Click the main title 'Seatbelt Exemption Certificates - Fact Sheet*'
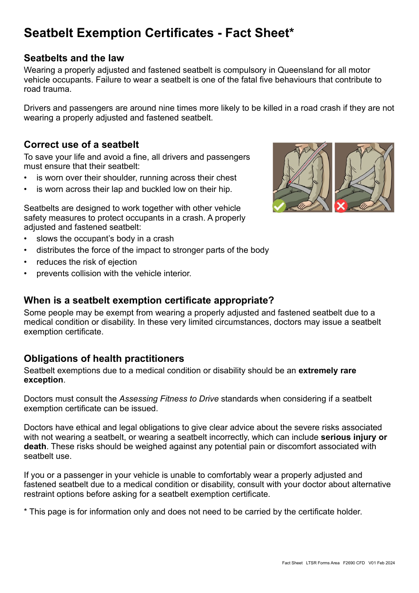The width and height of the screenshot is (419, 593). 159,33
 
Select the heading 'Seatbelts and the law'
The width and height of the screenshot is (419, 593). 74,58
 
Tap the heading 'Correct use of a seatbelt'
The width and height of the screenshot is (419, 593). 81,145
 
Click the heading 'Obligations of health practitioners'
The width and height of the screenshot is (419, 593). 104,359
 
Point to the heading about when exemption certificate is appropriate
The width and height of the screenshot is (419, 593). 149,300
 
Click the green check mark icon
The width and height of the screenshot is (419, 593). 279,206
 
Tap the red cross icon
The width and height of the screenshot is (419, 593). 341,206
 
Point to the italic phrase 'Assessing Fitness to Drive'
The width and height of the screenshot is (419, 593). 169,399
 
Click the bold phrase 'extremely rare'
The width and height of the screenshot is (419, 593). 327,371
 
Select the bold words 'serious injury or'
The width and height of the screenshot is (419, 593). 354,437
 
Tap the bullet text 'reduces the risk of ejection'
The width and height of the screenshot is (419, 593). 86,262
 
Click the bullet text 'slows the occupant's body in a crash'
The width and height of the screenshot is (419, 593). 105,239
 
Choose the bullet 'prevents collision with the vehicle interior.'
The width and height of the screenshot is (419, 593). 114,274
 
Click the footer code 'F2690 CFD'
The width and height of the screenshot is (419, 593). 354,563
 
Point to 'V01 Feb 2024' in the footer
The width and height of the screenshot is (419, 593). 382,563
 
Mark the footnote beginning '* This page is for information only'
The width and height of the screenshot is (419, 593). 193,512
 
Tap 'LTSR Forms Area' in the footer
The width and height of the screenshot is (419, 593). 322,563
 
